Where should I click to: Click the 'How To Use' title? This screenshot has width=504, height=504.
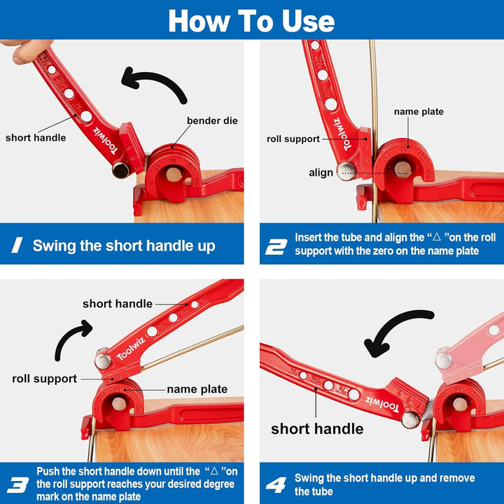(x=251, y=20)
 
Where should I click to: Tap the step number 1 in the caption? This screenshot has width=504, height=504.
(x=19, y=246)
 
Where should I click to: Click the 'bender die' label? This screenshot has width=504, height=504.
(x=211, y=121)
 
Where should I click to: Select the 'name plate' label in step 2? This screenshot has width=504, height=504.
(x=419, y=112)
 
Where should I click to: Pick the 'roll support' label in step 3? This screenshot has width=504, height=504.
(x=45, y=379)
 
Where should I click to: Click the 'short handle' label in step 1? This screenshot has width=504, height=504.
(x=36, y=138)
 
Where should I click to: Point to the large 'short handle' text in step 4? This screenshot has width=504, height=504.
(x=317, y=428)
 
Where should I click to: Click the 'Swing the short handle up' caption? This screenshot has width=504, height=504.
(x=124, y=246)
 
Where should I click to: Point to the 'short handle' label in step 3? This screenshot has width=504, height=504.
(x=118, y=304)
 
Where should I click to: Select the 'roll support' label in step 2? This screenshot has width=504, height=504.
(x=293, y=139)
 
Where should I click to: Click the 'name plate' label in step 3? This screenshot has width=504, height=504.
(x=197, y=389)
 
